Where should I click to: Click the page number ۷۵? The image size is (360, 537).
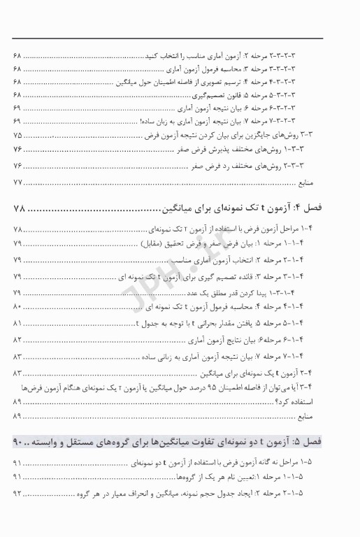pyautogui.click(x=17, y=134)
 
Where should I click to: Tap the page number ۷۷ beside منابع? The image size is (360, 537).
pyautogui.click(x=18, y=182)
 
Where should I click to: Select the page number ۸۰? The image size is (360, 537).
pyautogui.click(x=17, y=307)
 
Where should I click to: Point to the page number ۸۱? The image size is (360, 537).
pyautogui.click(x=17, y=324)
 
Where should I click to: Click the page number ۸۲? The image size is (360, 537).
pyautogui.click(x=17, y=340)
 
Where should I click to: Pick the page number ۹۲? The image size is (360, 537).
pyautogui.click(x=17, y=494)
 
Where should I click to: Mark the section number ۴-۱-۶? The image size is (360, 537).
pyautogui.click(x=329, y=340)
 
